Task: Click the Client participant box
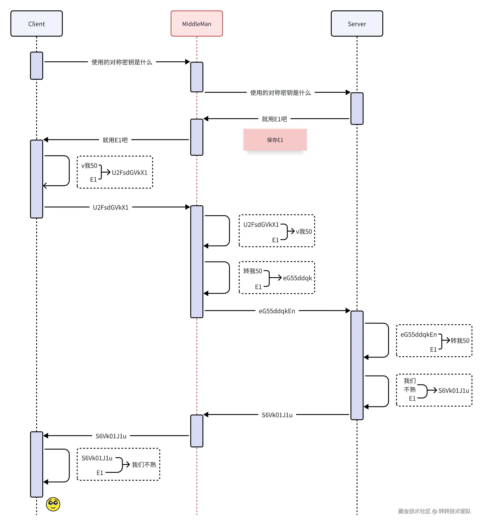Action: (36, 24)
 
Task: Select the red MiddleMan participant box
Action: (197, 24)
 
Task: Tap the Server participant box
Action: (357, 24)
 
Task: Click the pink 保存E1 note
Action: (275, 140)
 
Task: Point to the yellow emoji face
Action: (53, 504)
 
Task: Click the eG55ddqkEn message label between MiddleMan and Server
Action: (277, 311)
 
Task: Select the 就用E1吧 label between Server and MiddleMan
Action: (274, 119)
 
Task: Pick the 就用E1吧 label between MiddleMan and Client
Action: (115, 140)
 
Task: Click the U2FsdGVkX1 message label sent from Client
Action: (111, 207)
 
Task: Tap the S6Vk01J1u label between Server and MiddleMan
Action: (277, 415)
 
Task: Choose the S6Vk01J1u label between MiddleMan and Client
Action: (111, 436)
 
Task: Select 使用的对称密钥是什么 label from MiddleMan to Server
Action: (280, 93)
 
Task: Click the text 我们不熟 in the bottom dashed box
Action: (144, 465)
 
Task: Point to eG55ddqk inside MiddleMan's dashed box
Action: (297, 278)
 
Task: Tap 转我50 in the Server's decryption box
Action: (460, 341)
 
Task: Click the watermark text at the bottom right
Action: (434, 511)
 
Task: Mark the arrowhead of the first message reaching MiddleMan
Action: (187, 62)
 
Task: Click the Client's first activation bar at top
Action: (36, 66)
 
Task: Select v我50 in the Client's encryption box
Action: (89, 166)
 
